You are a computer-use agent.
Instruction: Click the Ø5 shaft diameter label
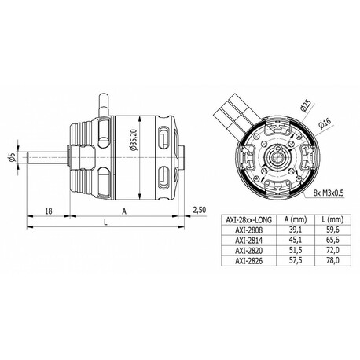click(12, 157)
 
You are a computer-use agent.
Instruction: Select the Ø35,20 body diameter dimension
click(134, 140)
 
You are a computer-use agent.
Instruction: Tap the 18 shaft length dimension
click(49, 211)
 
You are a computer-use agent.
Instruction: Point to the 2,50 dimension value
click(200, 210)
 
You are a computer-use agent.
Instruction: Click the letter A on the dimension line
click(124, 211)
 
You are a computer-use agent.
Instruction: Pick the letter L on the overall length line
click(105, 222)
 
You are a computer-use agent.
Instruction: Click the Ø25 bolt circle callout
click(306, 105)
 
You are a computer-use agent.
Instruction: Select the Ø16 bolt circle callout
click(325, 123)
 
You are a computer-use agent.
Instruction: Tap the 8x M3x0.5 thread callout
click(329, 193)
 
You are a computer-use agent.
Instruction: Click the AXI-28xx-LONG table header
click(248, 220)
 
